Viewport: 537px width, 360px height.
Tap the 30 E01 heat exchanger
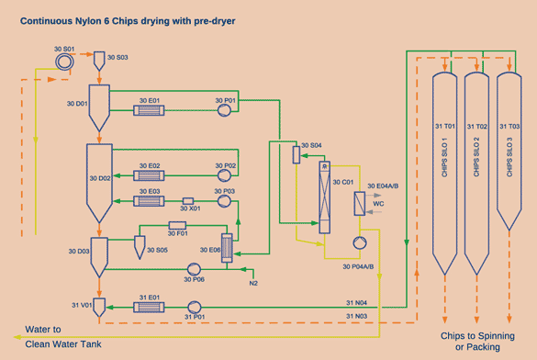(x=149, y=110)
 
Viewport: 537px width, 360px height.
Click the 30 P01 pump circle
(x=224, y=110)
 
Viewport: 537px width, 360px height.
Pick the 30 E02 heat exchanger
(x=149, y=175)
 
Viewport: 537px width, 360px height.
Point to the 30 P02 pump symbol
(x=224, y=175)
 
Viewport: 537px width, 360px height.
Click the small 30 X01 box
(x=188, y=201)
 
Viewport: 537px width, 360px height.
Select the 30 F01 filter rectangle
(x=177, y=225)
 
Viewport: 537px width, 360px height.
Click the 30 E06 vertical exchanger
(x=227, y=248)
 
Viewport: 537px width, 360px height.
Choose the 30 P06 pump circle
(x=194, y=269)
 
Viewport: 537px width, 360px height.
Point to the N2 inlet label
(x=253, y=283)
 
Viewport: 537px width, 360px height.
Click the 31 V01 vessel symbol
(x=99, y=308)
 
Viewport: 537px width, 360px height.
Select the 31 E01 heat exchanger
(x=149, y=307)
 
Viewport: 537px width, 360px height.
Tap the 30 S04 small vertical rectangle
(x=296, y=154)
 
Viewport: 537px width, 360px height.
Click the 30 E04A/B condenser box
(x=359, y=204)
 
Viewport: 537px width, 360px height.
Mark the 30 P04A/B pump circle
(x=360, y=242)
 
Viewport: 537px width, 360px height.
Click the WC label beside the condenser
(x=378, y=204)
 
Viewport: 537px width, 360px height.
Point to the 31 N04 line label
(x=356, y=303)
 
